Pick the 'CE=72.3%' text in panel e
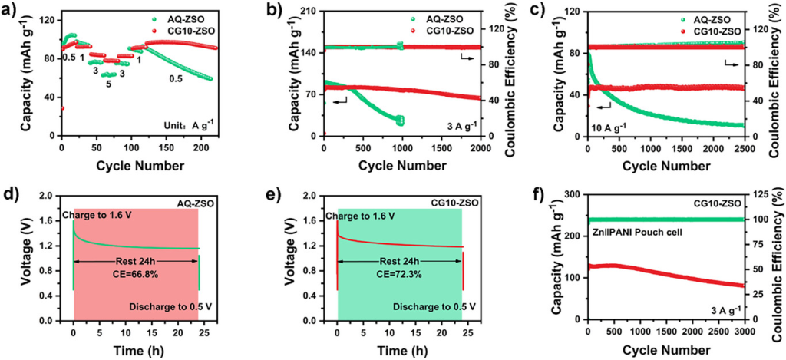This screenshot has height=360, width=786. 401,274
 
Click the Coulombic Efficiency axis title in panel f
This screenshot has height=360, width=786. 778,256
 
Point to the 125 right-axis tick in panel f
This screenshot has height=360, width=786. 758,196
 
